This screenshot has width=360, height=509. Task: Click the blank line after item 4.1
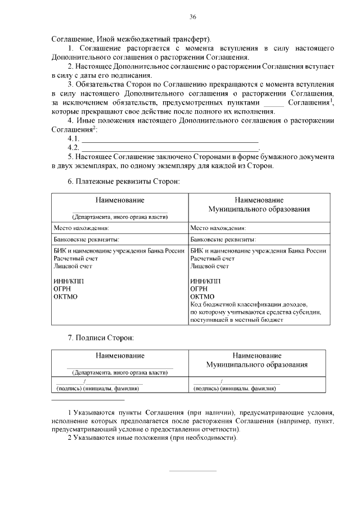point(169,140)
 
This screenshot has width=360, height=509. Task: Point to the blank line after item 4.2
point(169,149)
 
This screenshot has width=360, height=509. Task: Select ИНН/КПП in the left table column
point(68,281)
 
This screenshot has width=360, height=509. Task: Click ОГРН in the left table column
point(63,289)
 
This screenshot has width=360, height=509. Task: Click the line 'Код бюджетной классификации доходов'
point(249,304)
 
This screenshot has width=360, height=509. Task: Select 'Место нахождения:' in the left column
point(81,228)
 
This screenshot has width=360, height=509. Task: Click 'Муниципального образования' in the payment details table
point(258,209)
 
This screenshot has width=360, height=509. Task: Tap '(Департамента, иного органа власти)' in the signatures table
point(119,372)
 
